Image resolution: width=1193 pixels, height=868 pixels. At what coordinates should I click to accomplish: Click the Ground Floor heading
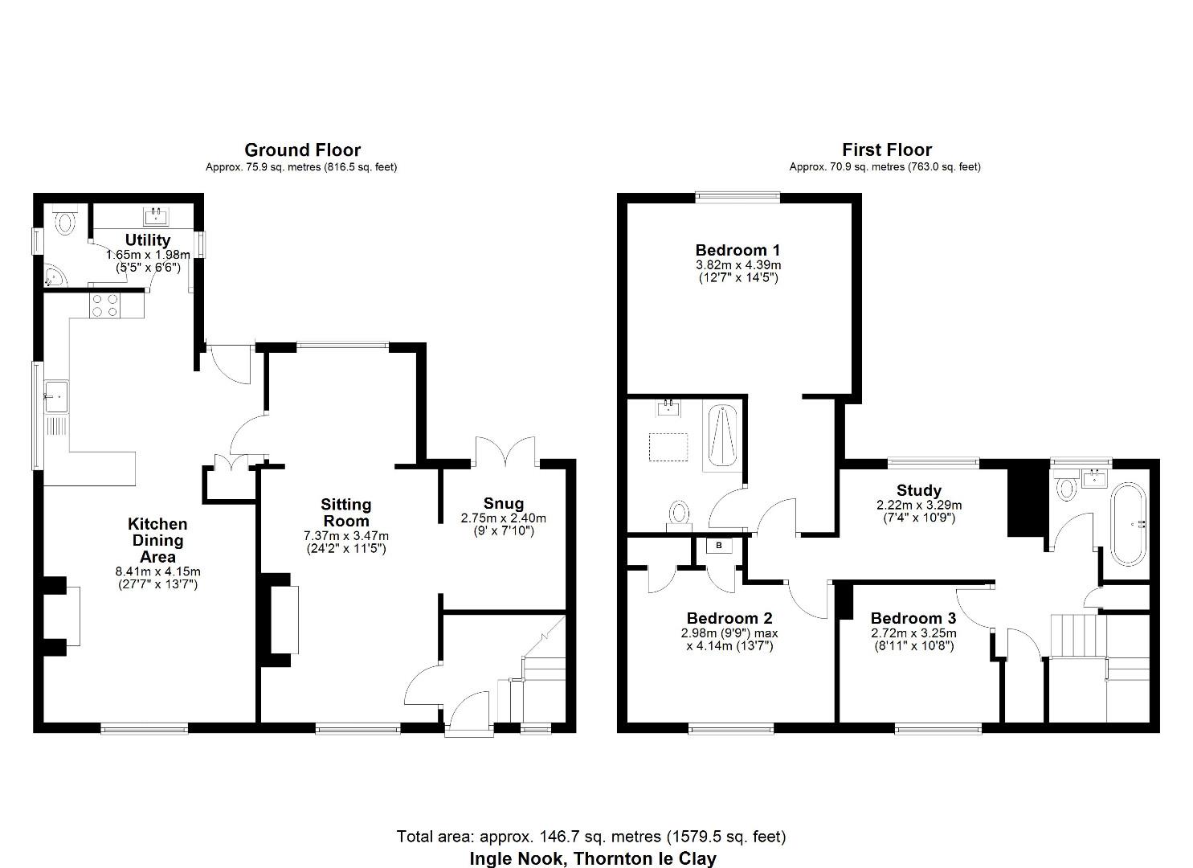click(302, 150)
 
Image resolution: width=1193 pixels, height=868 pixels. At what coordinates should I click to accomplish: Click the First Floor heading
click(886, 150)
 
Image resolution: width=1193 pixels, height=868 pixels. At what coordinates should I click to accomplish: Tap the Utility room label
click(148, 240)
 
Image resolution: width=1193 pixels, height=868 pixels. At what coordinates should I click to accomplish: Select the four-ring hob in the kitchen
click(104, 305)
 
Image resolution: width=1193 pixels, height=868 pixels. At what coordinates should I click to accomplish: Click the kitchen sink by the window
click(56, 396)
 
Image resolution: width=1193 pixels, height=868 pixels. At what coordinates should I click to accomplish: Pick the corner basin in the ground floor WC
click(55, 277)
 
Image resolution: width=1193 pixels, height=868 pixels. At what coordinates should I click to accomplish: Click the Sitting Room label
click(345, 512)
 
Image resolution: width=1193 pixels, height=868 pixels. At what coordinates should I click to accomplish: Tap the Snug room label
click(503, 504)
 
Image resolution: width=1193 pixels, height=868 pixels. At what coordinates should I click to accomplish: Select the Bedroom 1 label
click(737, 250)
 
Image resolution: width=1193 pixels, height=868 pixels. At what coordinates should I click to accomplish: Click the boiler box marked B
click(719, 546)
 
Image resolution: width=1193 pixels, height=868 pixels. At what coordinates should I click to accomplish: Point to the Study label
click(919, 490)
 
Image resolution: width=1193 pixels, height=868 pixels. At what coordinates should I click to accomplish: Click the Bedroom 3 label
click(913, 618)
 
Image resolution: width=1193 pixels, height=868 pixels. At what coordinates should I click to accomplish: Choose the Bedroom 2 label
click(729, 618)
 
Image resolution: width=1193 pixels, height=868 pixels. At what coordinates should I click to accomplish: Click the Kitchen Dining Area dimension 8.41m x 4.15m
click(157, 571)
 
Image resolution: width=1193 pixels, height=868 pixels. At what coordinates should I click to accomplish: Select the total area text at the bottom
click(590, 837)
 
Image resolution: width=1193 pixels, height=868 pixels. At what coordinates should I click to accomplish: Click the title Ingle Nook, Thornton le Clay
click(592, 858)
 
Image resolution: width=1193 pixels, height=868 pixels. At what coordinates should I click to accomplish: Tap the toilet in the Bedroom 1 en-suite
click(680, 512)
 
